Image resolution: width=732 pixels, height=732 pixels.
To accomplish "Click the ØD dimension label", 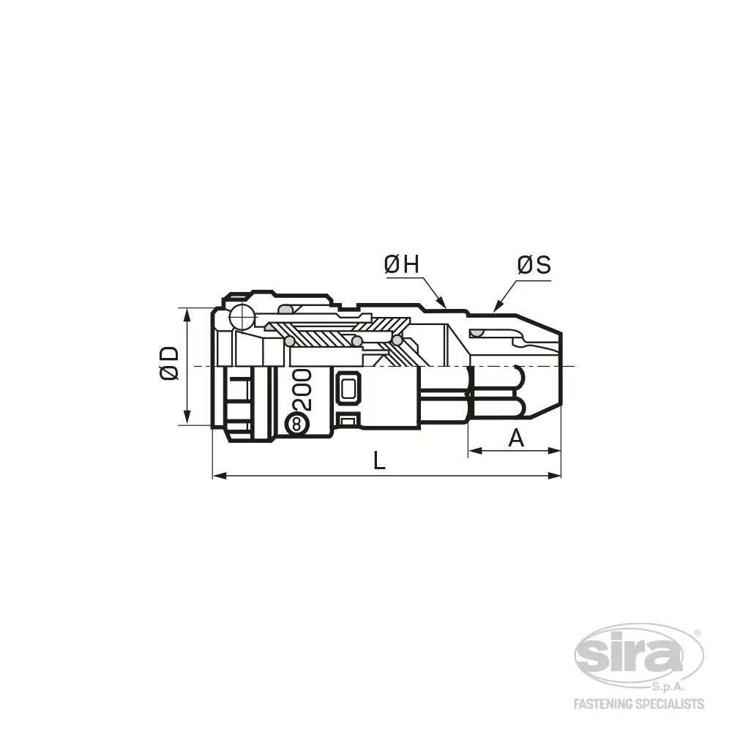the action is [x=169, y=363].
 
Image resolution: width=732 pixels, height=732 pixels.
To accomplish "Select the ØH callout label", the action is [x=401, y=265].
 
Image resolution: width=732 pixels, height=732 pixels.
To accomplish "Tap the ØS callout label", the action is [x=534, y=265].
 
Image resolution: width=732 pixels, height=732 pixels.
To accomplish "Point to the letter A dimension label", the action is [x=516, y=438].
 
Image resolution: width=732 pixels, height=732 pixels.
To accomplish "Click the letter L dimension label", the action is [x=379, y=460].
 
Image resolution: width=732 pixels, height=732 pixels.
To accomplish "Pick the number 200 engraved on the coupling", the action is [x=302, y=390].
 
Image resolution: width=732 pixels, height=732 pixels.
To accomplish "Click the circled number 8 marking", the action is [x=297, y=425].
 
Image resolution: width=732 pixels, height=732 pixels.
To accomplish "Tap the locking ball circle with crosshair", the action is [x=242, y=317].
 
